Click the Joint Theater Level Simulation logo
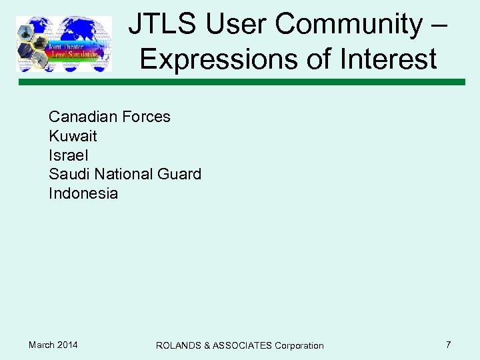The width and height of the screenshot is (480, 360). pyautogui.click(x=64, y=44)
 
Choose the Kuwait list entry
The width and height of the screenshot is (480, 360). pyautogui.click(x=73, y=136)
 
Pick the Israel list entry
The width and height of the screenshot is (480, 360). pyautogui.click(x=68, y=155)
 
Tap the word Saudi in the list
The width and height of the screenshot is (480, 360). pyautogui.click(x=69, y=174)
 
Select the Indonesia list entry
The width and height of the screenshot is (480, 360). pyautogui.click(x=83, y=193)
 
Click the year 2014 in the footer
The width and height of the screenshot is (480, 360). pyautogui.click(x=67, y=345)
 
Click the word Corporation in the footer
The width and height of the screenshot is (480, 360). pyautogui.click(x=299, y=345)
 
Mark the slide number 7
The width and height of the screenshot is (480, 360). pyautogui.click(x=448, y=345)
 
